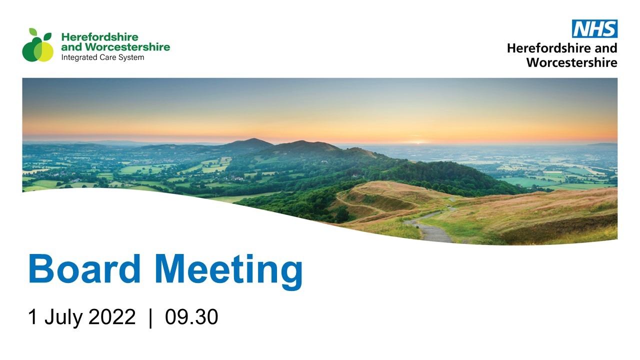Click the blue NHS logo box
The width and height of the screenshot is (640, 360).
point(594,28)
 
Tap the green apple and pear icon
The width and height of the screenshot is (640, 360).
point(37,45)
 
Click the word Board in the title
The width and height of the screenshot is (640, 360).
point(84,268)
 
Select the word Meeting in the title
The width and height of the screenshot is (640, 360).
point(229,272)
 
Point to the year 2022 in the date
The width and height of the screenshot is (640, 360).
point(111,316)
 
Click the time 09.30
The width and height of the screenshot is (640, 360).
point(191,316)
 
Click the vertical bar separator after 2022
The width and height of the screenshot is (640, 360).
point(150,318)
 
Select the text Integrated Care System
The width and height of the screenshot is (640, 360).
point(102,57)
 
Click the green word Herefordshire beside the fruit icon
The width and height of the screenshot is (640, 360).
point(99,37)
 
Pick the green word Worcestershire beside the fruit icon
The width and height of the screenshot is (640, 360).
point(127,47)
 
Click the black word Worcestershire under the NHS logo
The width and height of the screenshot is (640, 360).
point(572,62)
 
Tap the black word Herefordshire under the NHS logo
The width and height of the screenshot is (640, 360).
point(549,48)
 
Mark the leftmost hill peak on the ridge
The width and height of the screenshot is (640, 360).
point(252,139)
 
